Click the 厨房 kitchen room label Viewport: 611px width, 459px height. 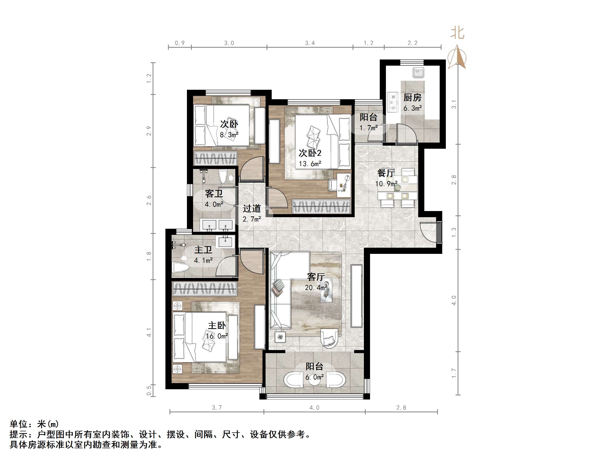click(x=412, y=97)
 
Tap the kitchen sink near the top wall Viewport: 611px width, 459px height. click(x=418, y=73)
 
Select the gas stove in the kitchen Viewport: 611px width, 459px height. click(x=393, y=102)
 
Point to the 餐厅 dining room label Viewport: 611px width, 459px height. click(x=386, y=173)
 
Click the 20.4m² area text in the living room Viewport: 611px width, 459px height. click(x=316, y=288)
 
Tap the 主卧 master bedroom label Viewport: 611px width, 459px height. click(x=217, y=325)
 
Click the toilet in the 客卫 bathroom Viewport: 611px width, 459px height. click(x=223, y=176)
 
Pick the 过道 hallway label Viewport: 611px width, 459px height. click(x=252, y=208)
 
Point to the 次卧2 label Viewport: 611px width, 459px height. click(x=310, y=153)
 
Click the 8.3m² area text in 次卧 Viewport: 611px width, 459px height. click(x=229, y=135)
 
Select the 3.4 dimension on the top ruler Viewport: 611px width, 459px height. click(x=310, y=43)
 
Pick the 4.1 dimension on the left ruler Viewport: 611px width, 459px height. click(x=149, y=332)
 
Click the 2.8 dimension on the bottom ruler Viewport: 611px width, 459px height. click(x=401, y=407)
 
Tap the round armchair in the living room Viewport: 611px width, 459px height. click(x=329, y=339)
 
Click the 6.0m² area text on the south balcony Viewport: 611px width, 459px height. click(x=314, y=377)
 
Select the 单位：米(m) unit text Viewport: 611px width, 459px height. click(x=34, y=424)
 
